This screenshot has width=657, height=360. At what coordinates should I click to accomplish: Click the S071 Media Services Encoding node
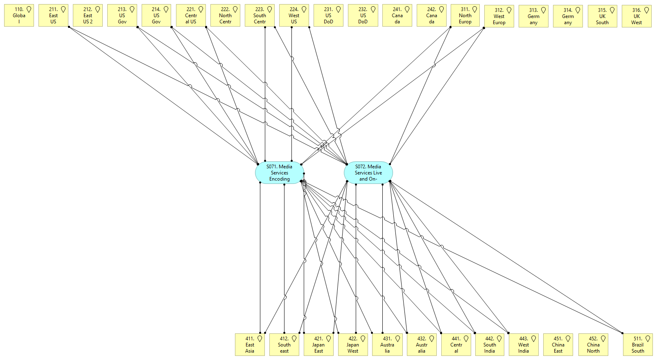click(x=280, y=173)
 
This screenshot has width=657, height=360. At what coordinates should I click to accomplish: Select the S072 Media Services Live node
click(x=368, y=173)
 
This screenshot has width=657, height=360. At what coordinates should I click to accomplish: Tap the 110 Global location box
click(x=19, y=16)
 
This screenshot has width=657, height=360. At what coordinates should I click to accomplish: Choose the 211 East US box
click(x=53, y=16)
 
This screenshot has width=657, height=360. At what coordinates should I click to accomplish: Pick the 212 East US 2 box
click(x=88, y=16)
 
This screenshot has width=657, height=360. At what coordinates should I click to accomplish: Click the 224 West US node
click(x=294, y=16)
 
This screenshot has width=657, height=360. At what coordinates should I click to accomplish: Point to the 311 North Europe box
click(x=465, y=16)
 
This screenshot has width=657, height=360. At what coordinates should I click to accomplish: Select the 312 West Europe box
click(x=499, y=16)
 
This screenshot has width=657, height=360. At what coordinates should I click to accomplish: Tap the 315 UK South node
click(x=602, y=16)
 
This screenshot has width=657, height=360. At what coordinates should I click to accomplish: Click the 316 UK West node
click(x=637, y=16)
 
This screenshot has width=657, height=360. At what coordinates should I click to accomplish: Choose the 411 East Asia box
click(x=250, y=345)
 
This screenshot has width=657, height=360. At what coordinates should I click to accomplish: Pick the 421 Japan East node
click(x=318, y=345)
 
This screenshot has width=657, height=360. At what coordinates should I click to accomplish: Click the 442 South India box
click(x=490, y=345)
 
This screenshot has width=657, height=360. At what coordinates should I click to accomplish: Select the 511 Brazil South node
click(x=638, y=345)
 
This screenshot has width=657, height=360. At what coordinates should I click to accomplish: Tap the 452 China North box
click(x=593, y=345)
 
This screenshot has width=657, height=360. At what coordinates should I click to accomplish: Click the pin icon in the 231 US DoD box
click(x=339, y=9)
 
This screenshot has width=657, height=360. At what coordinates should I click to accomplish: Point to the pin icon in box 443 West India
click(x=534, y=339)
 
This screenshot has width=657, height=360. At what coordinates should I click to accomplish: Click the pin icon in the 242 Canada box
click(x=442, y=9)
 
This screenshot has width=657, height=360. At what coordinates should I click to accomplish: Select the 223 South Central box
click(x=260, y=16)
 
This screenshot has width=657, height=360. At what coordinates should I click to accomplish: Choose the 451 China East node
click(x=558, y=345)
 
